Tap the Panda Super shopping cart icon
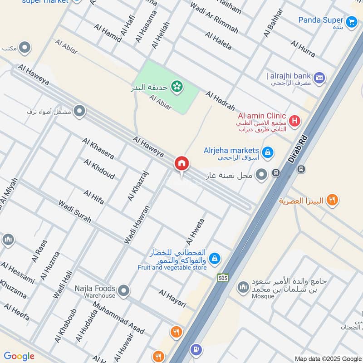[351, 21]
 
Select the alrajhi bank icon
[319, 78]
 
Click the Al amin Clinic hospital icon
[295, 121]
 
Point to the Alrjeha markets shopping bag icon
[268, 151]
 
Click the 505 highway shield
[222, 277]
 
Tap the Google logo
[19, 356]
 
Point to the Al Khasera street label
[98, 148]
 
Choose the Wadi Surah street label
[74, 211]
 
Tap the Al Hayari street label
[172, 298]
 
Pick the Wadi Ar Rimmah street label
[214, 18]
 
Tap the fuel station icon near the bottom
[196, 349]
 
